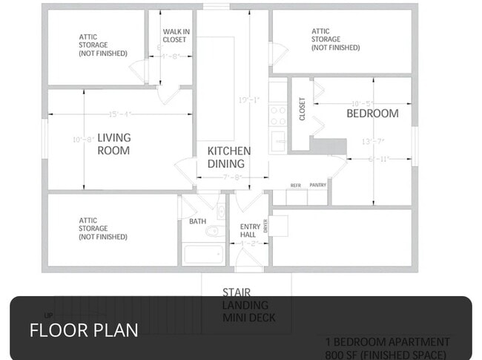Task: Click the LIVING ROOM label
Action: (x=113, y=144)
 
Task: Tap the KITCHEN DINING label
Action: (x=228, y=157)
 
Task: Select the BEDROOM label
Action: (x=372, y=114)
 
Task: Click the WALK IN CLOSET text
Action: (x=174, y=36)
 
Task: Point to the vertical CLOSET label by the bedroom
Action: (x=302, y=109)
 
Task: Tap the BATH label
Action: (x=197, y=221)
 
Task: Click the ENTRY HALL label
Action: (x=248, y=230)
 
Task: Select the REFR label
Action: (x=295, y=185)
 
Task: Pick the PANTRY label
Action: (x=317, y=185)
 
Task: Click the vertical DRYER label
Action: (x=265, y=225)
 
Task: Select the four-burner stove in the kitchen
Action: (x=277, y=115)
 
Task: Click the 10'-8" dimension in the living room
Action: (x=82, y=140)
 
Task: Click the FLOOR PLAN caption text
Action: (x=83, y=330)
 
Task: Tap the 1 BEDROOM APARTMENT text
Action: (x=387, y=342)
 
